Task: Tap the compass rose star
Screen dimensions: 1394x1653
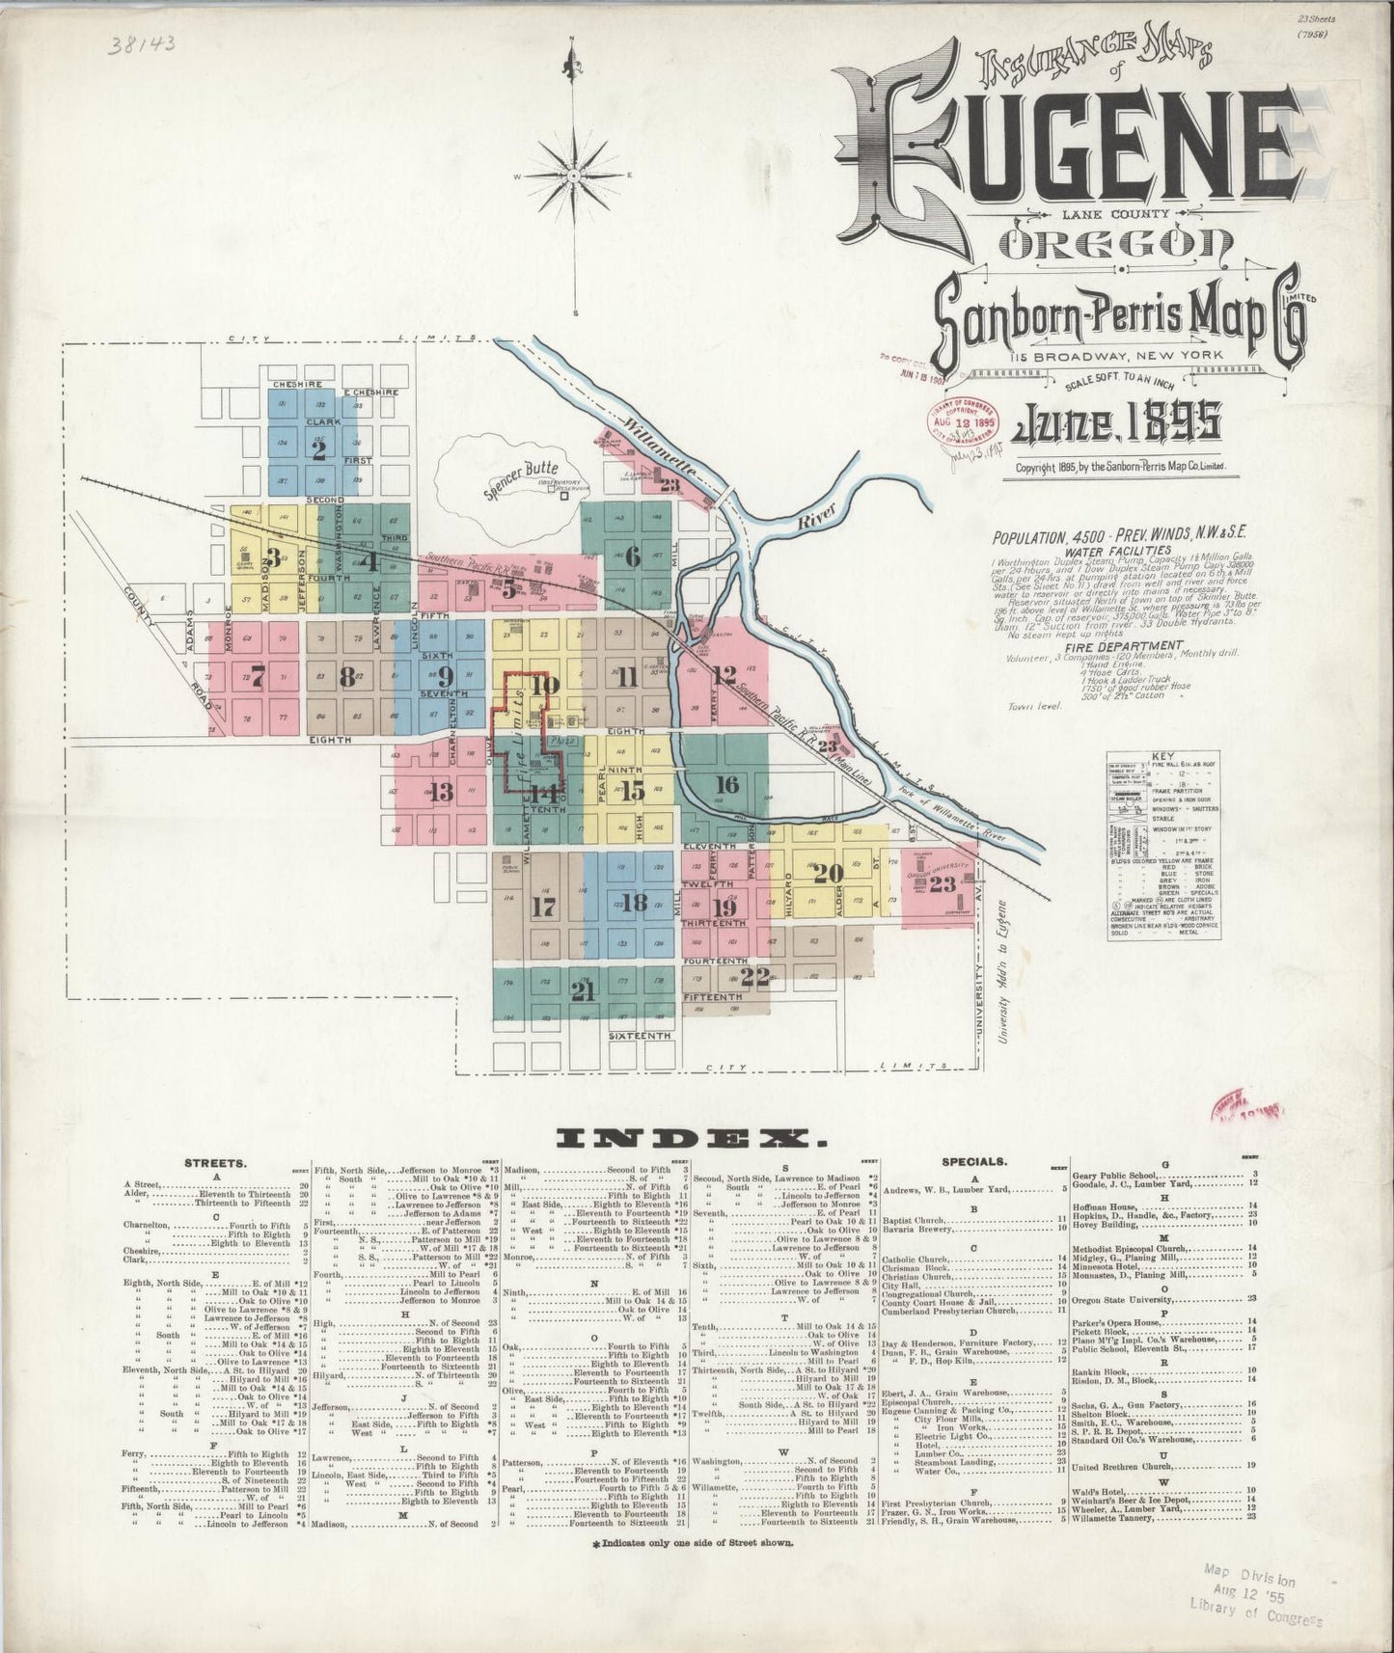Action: pos(574,176)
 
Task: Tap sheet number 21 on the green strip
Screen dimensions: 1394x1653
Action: pos(581,990)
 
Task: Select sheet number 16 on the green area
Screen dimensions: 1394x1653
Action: pos(726,784)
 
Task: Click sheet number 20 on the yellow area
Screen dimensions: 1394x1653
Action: pos(827,875)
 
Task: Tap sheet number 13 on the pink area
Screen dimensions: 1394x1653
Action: pos(441,793)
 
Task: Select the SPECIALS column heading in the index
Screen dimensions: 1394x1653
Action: pos(982,1163)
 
